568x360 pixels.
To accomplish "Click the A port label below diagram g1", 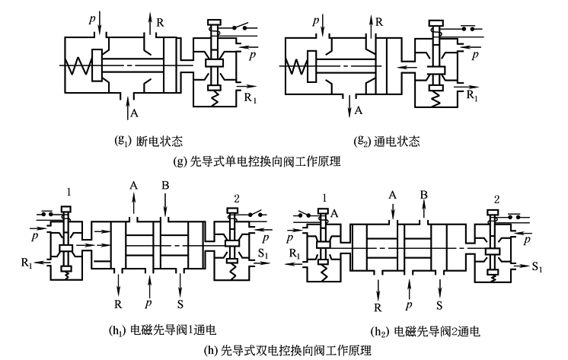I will (135, 114).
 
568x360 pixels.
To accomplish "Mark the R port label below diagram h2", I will (378, 309).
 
